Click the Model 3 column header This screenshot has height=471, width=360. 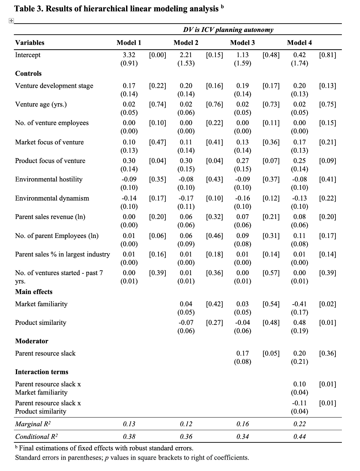click(x=242, y=43)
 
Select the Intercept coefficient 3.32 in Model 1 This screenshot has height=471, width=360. click(x=129, y=55)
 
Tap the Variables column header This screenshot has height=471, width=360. click(x=30, y=43)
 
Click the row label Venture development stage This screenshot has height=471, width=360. click(x=54, y=86)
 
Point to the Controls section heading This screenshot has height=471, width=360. click(x=28, y=73)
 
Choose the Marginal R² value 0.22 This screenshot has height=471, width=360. click(x=299, y=424)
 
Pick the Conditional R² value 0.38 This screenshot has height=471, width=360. click(x=129, y=437)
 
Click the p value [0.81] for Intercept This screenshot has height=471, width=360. click(x=327, y=55)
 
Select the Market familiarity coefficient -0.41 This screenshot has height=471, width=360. click(x=299, y=304)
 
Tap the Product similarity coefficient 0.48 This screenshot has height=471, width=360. click(x=299, y=322)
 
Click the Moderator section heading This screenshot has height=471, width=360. click(x=32, y=341)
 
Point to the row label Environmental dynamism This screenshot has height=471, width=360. click(x=52, y=198)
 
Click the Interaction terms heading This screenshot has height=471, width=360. click(x=42, y=372)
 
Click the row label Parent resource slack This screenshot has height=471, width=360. click(x=45, y=353)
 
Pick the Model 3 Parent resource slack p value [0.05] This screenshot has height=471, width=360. click(x=271, y=353)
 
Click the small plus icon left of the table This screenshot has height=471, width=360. click(x=11, y=21)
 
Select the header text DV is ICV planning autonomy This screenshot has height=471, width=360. click(x=228, y=30)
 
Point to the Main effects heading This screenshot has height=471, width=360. click(x=34, y=292)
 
